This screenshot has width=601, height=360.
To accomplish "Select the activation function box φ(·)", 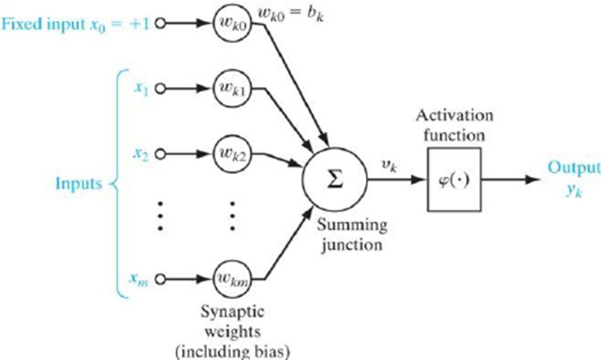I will (454, 180).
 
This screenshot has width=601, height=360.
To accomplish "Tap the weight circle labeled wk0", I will (231, 24).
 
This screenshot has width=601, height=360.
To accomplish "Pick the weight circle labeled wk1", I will (231, 88).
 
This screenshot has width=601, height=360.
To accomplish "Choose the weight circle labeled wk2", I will (231, 153).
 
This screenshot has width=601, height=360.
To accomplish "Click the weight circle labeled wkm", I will (231, 278).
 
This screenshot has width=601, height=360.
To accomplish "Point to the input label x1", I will (141, 88).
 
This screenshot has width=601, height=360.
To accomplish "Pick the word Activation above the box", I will (454, 116).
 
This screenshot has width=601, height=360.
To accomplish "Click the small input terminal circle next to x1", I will (160, 88).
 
